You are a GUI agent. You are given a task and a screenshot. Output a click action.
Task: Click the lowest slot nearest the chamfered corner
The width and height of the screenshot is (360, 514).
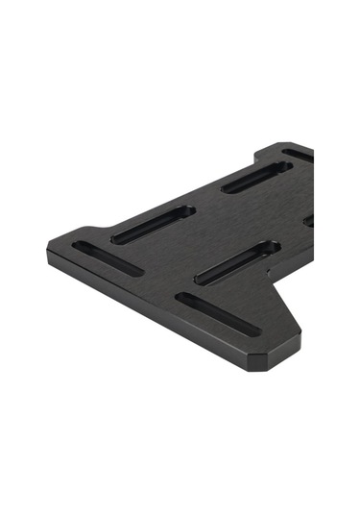pyautogui.click(x=217, y=314)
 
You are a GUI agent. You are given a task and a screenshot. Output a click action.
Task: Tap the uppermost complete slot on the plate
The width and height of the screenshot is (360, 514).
pyautogui.click(x=256, y=177)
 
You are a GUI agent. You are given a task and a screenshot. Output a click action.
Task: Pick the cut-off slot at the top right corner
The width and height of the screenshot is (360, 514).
pyautogui.click(x=300, y=154)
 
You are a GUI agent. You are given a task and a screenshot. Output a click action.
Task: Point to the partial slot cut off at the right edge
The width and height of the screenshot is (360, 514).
pyautogui.click(x=309, y=221)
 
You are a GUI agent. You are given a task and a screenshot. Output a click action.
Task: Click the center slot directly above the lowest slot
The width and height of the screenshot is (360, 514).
pyautogui.click(x=237, y=262)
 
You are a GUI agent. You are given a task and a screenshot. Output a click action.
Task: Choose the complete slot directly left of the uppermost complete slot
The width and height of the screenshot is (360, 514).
pyautogui.click(x=153, y=224)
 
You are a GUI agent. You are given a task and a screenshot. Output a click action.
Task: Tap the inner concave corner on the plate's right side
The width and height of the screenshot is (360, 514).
pyautogui.click(x=273, y=285)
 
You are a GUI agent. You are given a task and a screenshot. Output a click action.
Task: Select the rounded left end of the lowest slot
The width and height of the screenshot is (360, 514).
pyautogui.click(x=181, y=300)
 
